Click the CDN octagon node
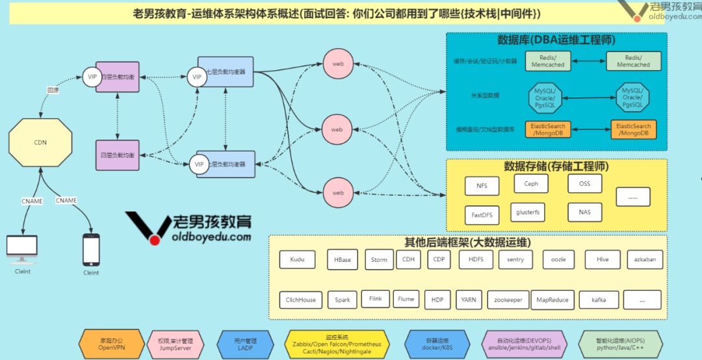click(40, 142)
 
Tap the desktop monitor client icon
click(22, 248)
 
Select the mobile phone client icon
click(91, 250)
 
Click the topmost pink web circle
click(337, 64)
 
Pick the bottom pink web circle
click(337, 193)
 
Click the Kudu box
click(297, 260)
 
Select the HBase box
click(343, 260)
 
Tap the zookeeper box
click(508, 300)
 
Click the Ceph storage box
click(531, 184)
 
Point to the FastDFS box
click(482, 213)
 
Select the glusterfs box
click(527, 212)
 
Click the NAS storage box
click(584, 212)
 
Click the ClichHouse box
click(300, 300)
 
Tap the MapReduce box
click(552, 300)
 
